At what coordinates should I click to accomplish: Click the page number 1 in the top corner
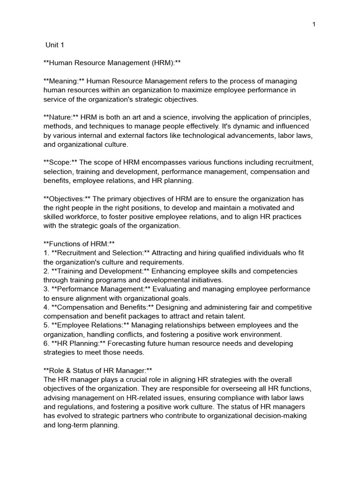(314, 25)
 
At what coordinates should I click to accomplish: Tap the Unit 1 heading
(54, 45)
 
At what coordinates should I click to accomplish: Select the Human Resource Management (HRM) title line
(112, 63)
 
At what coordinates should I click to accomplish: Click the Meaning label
(64, 82)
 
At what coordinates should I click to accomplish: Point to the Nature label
(61, 117)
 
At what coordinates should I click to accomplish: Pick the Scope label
(61, 163)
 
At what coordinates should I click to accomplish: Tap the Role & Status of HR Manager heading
(97, 370)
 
